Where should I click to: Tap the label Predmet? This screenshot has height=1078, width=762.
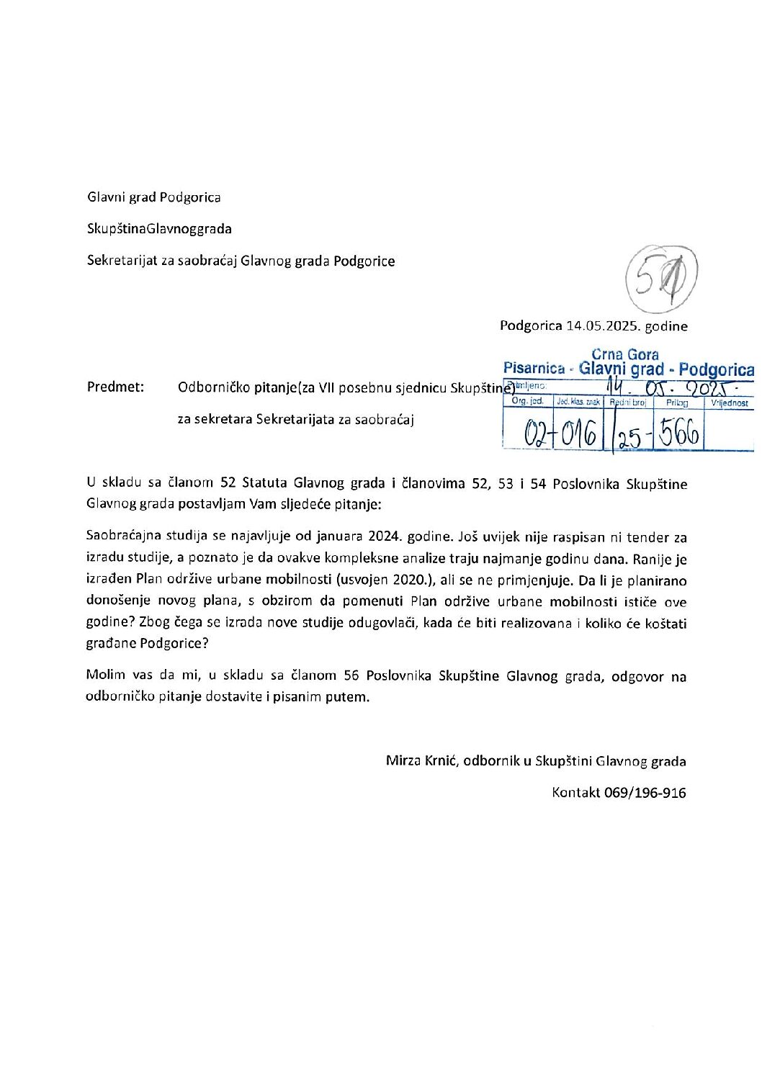click(x=115, y=387)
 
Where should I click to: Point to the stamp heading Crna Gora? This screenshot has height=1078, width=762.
click(x=624, y=354)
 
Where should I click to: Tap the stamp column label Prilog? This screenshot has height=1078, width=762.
click(x=677, y=403)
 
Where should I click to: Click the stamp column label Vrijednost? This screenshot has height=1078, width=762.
click(x=730, y=403)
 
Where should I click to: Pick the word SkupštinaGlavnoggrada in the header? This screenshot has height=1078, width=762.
click(x=159, y=229)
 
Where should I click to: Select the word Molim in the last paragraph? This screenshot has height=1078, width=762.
click(x=105, y=675)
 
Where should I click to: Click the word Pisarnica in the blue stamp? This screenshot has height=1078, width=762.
click(x=534, y=369)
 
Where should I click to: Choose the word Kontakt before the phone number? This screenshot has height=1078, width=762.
click(x=575, y=793)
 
